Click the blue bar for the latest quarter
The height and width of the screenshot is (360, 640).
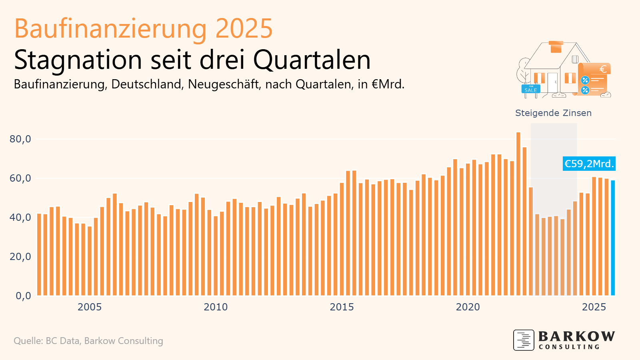click(x=613, y=238)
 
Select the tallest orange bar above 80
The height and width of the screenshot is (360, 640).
click(x=518, y=214)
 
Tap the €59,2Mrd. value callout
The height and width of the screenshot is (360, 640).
click(x=589, y=164)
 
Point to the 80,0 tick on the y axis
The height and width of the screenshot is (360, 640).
click(x=20, y=139)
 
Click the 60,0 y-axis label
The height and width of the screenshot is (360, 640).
click(x=20, y=178)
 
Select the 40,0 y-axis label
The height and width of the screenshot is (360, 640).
click(x=20, y=218)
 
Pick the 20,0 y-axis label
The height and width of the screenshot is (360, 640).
click(x=20, y=257)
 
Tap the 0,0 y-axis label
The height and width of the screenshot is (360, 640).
click(x=23, y=296)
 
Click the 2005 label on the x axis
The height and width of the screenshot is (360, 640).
click(x=90, y=307)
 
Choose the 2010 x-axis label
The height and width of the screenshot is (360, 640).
click(x=216, y=307)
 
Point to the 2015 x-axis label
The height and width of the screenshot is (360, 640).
click(x=342, y=307)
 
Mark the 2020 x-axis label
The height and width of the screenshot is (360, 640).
click(x=468, y=307)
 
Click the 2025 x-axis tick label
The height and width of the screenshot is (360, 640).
click(x=594, y=307)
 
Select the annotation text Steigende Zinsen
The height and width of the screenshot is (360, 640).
click(x=553, y=113)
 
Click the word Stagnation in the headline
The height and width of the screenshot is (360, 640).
click(x=78, y=60)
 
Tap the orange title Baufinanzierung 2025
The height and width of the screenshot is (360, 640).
click(x=143, y=29)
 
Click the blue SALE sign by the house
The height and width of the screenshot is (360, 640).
click(x=531, y=89)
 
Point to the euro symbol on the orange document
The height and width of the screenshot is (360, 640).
click(x=603, y=69)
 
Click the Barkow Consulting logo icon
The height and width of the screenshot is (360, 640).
click(x=524, y=340)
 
